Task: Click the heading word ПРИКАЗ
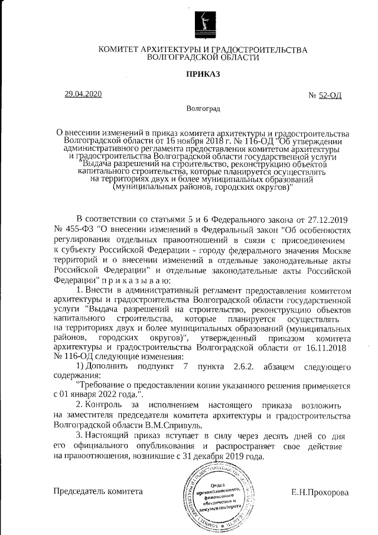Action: click(x=203, y=75)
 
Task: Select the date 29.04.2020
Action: click(x=83, y=95)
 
